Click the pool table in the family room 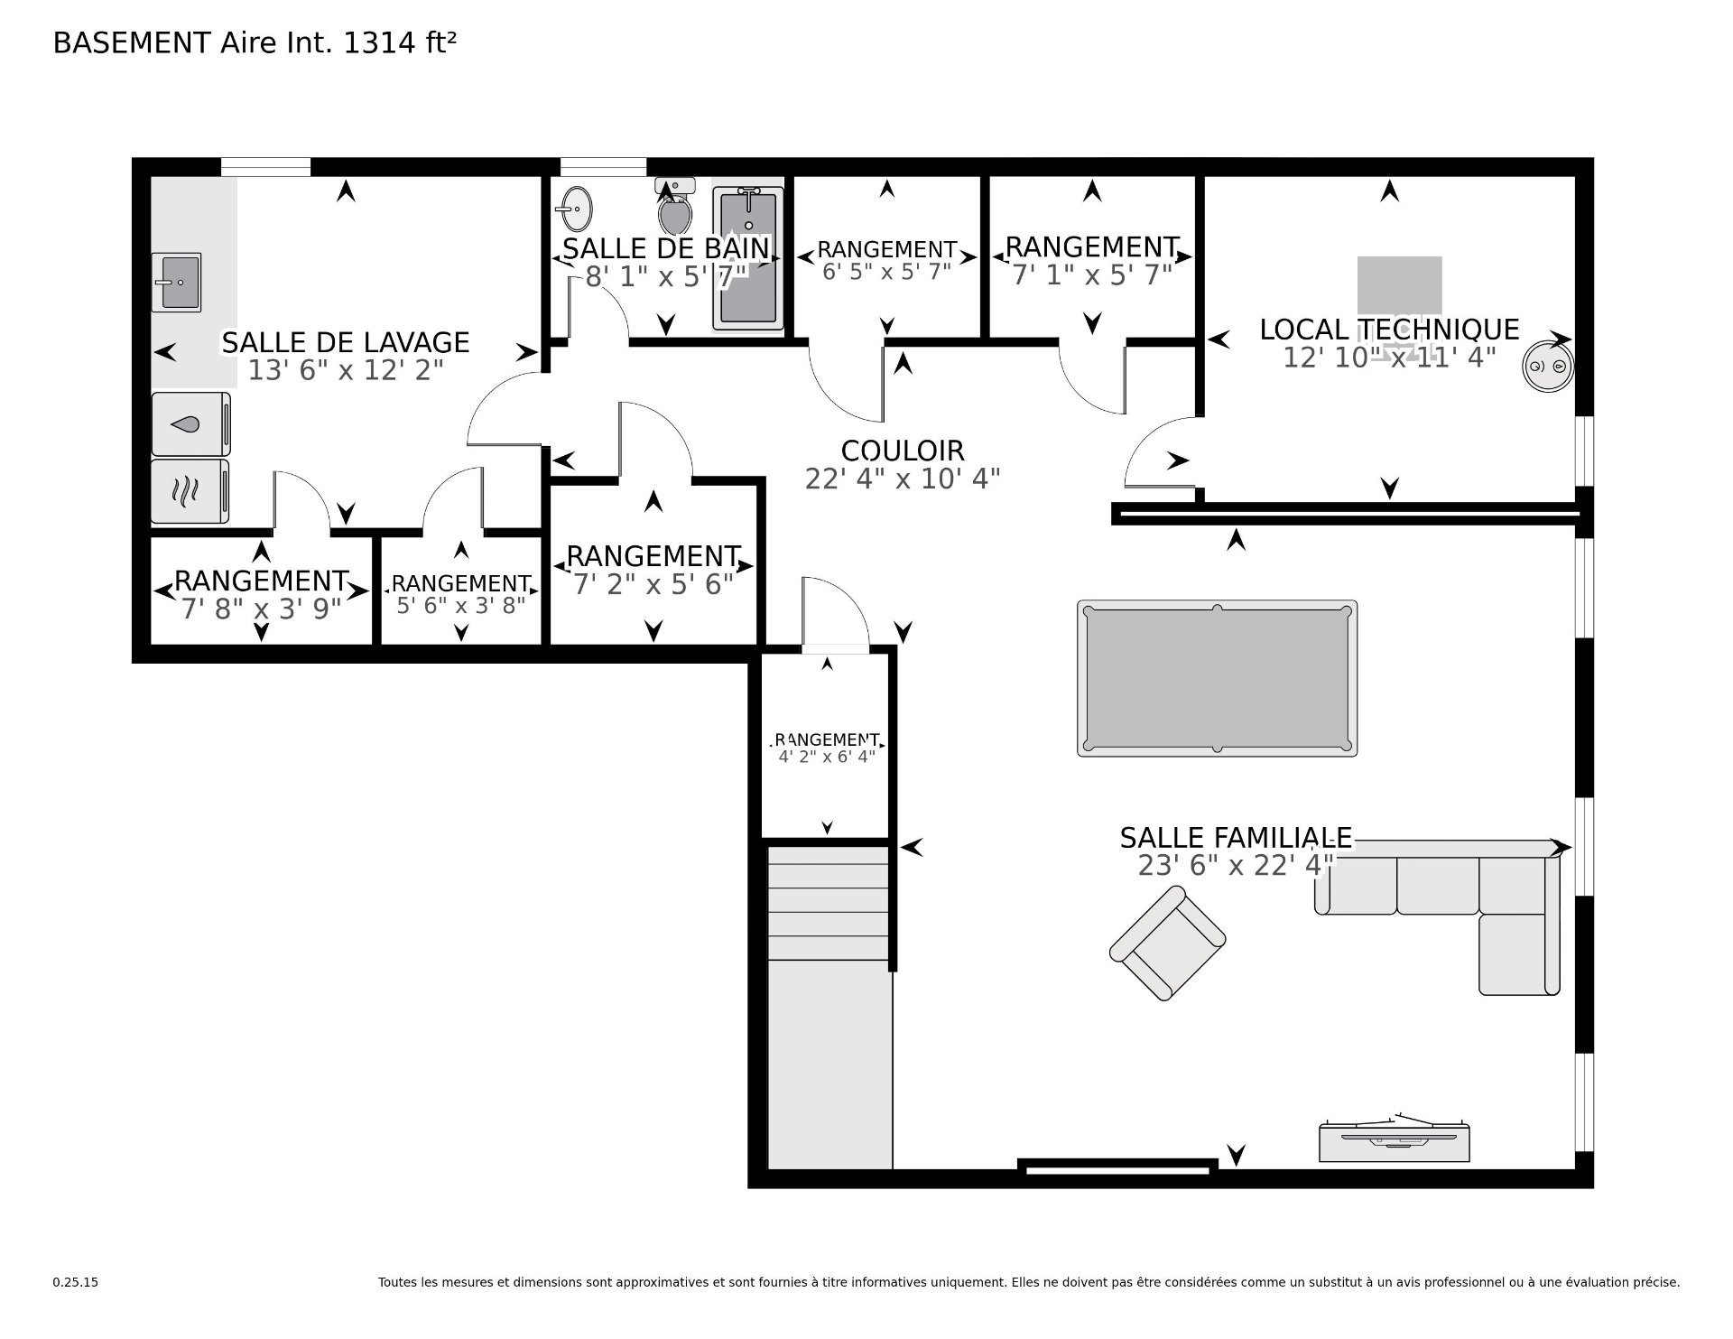coord(1217,678)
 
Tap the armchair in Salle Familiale coord(1167,943)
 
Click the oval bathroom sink coord(574,209)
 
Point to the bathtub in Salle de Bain coord(748,258)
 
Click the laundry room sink coord(177,282)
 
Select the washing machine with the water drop coord(190,423)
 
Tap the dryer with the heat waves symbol coord(190,491)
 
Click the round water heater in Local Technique coord(1548,366)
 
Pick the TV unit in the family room coord(1394,1140)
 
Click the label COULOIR coord(903,451)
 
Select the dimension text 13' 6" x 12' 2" coord(346,370)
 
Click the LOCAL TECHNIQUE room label coord(1390,330)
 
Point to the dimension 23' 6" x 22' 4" coord(1236,866)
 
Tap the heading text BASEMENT coord(132,43)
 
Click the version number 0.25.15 coord(76,1282)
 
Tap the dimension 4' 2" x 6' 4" coord(827,757)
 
